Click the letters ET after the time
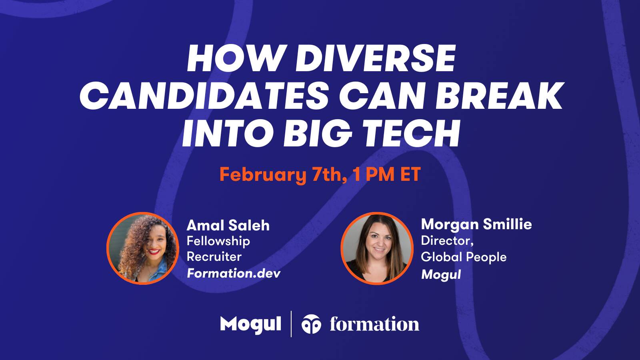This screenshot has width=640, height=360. click(x=410, y=174)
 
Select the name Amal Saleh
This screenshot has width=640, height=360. click(x=228, y=225)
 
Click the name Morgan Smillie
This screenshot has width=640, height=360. click(x=476, y=224)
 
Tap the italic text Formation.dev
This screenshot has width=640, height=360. click(x=234, y=273)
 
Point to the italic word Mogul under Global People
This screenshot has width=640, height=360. click(x=441, y=274)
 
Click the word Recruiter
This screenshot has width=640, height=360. click(x=214, y=256)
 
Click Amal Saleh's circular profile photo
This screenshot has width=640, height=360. click(x=142, y=248)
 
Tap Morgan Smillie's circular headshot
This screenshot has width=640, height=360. click(x=377, y=248)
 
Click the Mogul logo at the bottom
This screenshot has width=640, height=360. click(x=250, y=324)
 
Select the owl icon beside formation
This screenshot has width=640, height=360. click(x=311, y=324)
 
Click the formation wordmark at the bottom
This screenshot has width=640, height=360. click(x=374, y=324)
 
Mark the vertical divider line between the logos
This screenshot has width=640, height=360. click(x=291, y=324)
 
